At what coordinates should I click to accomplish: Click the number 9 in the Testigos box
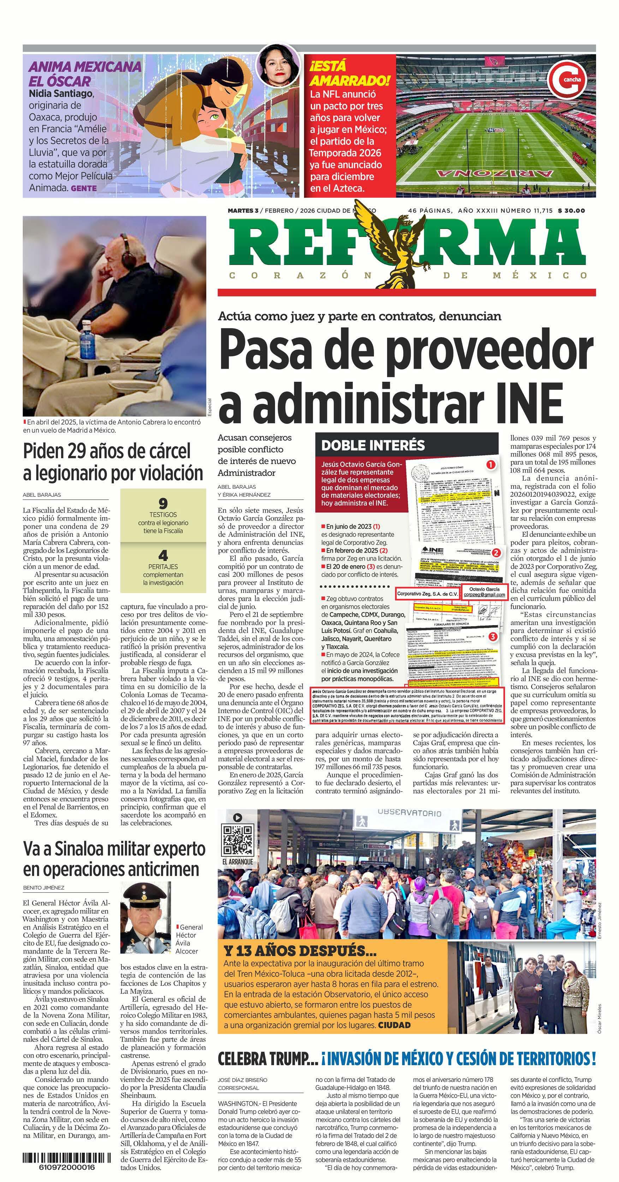tap(162, 503)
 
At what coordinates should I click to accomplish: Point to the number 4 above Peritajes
tap(162, 555)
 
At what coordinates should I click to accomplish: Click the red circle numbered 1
tap(491, 465)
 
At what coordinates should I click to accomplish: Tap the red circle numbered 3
tap(492, 637)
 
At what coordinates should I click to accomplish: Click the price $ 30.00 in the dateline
tap(571, 210)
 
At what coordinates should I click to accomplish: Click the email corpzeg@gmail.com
tap(484, 595)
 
